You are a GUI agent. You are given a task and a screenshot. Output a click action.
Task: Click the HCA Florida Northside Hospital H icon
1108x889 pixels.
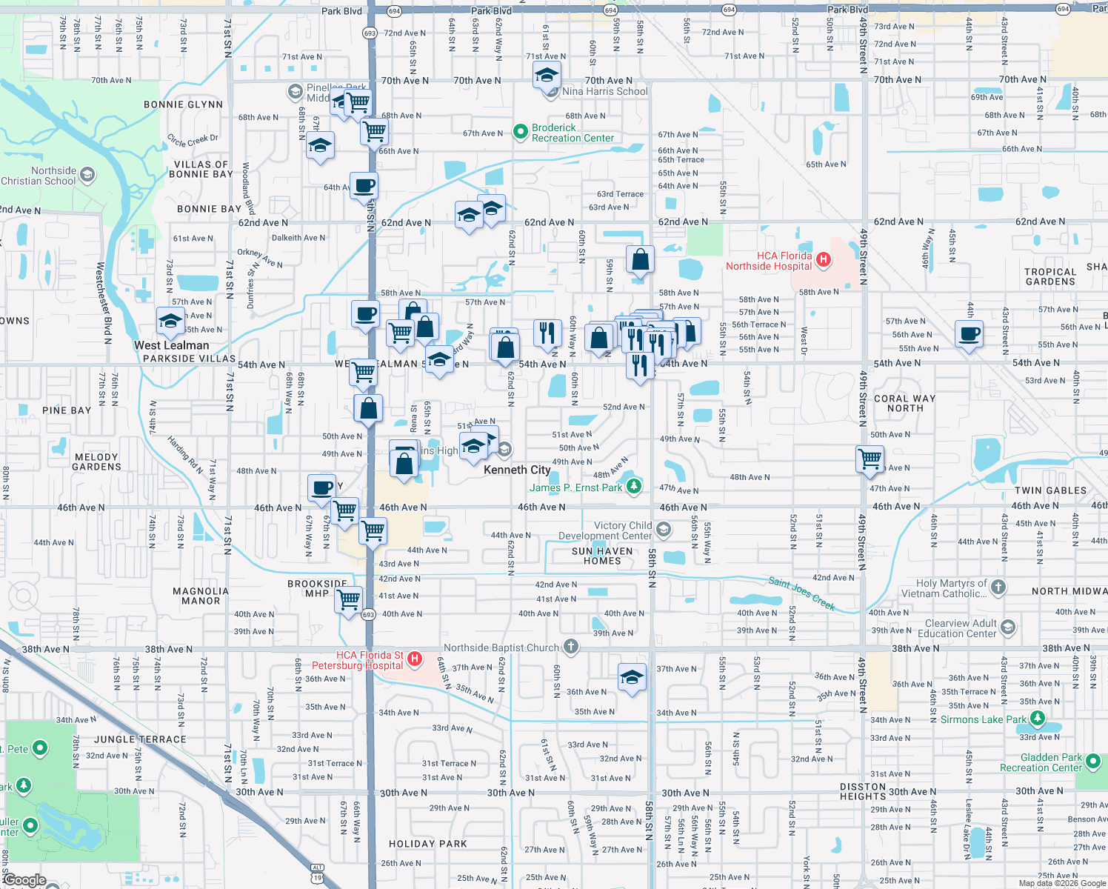coord(823,260)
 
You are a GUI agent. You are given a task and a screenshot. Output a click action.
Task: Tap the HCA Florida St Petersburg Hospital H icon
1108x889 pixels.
coord(415,659)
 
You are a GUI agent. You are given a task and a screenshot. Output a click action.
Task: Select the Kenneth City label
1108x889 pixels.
coord(517,470)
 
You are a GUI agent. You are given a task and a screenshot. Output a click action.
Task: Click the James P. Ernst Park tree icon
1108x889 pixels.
coord(634,487)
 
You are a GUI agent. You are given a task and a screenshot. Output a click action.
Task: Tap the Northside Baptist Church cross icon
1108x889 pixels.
coord(570,647)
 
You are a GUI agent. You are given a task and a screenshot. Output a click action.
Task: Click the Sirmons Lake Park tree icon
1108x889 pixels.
coord(1038,718)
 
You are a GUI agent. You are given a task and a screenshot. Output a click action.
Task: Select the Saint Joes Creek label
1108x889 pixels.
coord(801,593)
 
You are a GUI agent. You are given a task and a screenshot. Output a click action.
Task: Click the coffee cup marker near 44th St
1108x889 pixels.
coord(969,333)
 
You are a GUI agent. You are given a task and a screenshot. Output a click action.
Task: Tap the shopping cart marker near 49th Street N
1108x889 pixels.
coord(870,458)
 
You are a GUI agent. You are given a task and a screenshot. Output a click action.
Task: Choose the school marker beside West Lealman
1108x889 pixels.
coord(170,322)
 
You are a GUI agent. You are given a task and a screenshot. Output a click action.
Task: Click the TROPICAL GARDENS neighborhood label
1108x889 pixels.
coord(1049,276)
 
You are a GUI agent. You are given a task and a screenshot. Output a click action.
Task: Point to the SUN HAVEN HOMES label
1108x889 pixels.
coord(602,556)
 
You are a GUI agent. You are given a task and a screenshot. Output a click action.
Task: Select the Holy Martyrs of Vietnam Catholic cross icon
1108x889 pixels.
coord(998,587)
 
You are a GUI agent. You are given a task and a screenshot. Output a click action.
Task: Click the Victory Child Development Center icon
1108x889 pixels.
coord(664,529)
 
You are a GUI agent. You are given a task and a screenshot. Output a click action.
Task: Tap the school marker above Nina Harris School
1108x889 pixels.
coord(547,75)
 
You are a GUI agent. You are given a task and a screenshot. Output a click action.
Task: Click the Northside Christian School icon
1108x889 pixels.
coord(87,175)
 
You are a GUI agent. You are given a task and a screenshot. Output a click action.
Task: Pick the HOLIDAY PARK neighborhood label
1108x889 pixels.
coord(427,844)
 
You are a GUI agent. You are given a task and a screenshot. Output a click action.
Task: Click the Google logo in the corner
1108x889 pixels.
coord(24,879)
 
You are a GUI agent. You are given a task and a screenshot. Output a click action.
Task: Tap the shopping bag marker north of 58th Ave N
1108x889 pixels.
coord(640,259)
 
